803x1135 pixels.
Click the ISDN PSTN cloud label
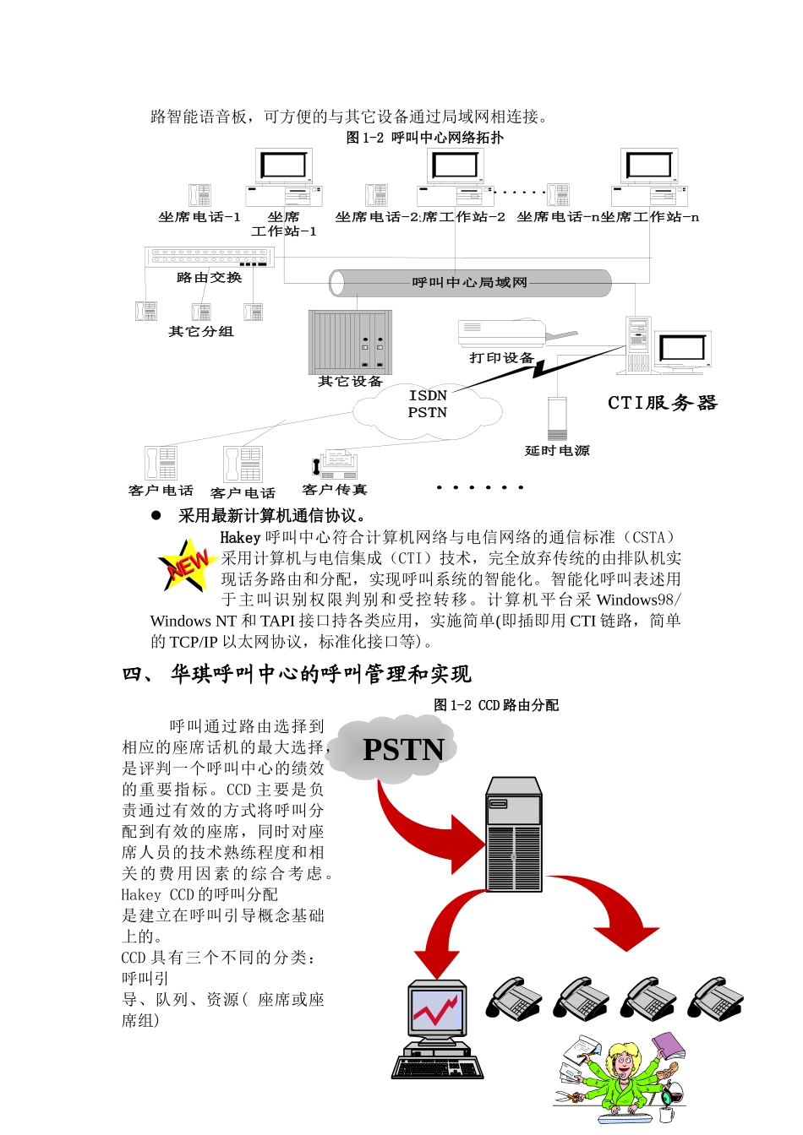[428, 405]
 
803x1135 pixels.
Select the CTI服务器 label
[663, 403]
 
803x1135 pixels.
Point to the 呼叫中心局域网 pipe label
[469, 283]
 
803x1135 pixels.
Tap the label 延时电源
[557, 451]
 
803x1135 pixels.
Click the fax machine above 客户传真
[335, 464]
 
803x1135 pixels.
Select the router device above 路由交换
[209, 257]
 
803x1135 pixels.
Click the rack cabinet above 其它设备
[351, 342]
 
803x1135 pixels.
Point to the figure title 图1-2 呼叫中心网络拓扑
[424, 138]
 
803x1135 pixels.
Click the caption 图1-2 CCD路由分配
[496, 705]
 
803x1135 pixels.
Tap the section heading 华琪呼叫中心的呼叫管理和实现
[320, 674]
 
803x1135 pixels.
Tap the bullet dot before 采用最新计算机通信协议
[156, 515]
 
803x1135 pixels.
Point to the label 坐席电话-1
[199, 217]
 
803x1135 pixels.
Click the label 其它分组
[201, 332]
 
